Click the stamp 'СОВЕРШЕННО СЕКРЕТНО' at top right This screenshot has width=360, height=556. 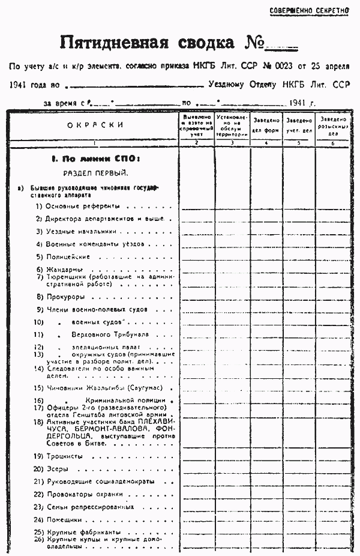tap(308, 11)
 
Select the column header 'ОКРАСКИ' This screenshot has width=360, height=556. tap(95, 125)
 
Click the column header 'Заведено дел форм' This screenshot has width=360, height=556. tap(266, 125)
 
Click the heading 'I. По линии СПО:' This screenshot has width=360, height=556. tap(95, 159)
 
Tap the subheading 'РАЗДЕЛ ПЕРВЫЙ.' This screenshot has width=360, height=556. tap(95, 174)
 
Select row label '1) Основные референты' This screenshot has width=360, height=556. tap(75, 207)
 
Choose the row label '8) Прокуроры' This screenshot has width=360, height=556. tap(60, 297)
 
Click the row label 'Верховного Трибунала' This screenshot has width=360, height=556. tap(105, 334)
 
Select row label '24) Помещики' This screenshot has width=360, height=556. tap(58, 519)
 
